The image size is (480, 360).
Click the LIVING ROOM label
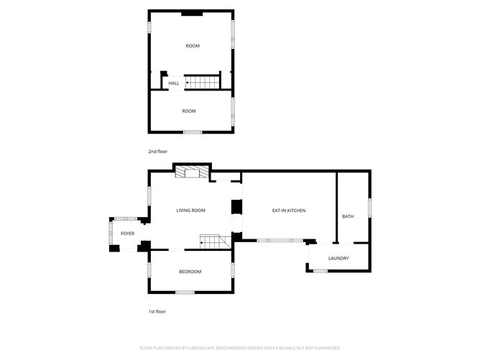pyautogui.click(x=191, y=211)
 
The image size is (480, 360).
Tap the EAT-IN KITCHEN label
pyautogui.click(x=289, y=211)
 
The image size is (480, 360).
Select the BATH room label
pyautogui.click(x=348, y=216)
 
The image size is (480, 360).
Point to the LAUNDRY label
pyautogui.click(x=338, y=259)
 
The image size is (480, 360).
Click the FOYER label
pyautogui.click(x=127, y=234)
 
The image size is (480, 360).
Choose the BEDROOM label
pyautogui.click(x=190, y=272)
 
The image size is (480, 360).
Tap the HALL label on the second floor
pyautogui.click(x=174, y=83)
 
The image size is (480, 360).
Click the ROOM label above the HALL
pyautogui.click(x=192, y=46)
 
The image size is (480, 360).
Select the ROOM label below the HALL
pyautogui.click(x=188, y=111)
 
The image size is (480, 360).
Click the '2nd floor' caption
pyautogui.click(x=157, y=152)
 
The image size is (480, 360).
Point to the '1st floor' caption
pyautogui.click(x=157, y=312)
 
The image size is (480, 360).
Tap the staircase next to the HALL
pyautogui.click(x=203, y=83)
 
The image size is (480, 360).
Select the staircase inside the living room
pyautogui.click(x=214, y=241)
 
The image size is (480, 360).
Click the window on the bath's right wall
pyautogui.click(x=370, y=207)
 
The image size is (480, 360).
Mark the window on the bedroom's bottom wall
pyautogui.click(x=185, y=292)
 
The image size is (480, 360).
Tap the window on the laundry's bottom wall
pyautogui.click(x=320, y=271)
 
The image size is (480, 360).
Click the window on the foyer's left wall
pyautogui.click(x=110, y=233)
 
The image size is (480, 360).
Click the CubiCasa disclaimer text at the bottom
pyautogui.click(x=240, y=347)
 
